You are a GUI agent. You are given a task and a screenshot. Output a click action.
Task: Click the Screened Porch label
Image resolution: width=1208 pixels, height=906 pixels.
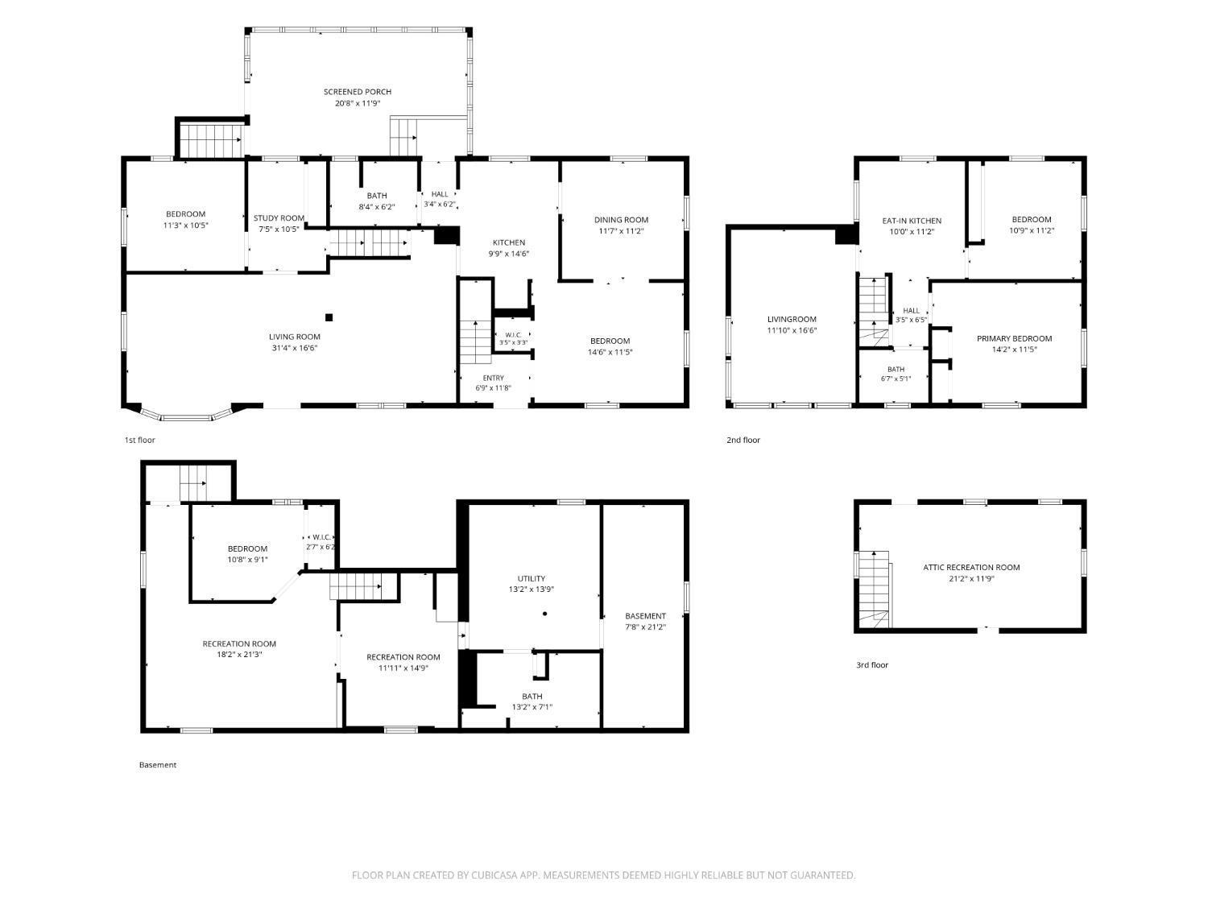pos(358,92)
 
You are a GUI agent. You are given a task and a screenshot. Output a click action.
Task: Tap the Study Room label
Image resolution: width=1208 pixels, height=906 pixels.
pos(279,217)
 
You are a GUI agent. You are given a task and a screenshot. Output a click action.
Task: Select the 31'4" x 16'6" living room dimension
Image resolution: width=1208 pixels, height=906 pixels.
pos(295,348)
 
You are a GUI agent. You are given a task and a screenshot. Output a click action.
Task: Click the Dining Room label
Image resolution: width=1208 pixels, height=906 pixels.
pos(621,220)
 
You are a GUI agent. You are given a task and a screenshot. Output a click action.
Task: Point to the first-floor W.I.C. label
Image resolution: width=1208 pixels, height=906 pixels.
pos(513,335)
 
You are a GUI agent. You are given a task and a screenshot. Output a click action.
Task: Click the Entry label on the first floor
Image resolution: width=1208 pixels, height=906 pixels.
pos(493,378)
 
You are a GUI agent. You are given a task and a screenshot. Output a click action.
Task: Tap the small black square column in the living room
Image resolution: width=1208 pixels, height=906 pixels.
pos(329,317)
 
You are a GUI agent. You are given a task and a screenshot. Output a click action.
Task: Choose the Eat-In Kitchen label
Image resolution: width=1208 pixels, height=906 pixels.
pos(912,221)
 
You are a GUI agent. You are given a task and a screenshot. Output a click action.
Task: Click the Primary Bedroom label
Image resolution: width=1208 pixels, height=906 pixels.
pos(1014,338)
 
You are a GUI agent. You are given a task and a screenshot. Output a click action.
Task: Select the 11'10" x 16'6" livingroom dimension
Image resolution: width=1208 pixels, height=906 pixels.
pos(792,330)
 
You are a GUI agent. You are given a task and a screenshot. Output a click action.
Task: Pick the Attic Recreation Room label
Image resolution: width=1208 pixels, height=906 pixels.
pos(970,567)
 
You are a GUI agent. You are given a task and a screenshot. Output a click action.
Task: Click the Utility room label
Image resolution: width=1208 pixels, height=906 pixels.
pos(531,578)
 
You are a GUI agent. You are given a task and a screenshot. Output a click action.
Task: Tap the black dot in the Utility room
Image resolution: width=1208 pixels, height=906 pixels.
pos(544,614)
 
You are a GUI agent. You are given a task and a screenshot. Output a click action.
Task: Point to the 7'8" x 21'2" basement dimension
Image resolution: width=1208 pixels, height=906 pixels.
pos(645,627)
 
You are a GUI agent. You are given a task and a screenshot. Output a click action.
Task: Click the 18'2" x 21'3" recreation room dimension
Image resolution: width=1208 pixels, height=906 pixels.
pos(239,654)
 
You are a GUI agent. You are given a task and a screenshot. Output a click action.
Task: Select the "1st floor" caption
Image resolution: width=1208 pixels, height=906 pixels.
pos(140,440)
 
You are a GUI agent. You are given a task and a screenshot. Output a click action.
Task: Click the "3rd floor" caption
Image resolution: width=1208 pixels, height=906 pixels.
pos(871,664)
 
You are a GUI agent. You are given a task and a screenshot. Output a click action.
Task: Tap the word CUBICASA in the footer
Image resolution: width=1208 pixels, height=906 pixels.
pos(494,875)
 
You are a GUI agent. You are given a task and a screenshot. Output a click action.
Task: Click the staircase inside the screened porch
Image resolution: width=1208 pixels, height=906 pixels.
pos(403,136)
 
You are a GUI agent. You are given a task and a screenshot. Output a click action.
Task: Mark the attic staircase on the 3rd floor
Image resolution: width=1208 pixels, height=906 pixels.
pos(874,590)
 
